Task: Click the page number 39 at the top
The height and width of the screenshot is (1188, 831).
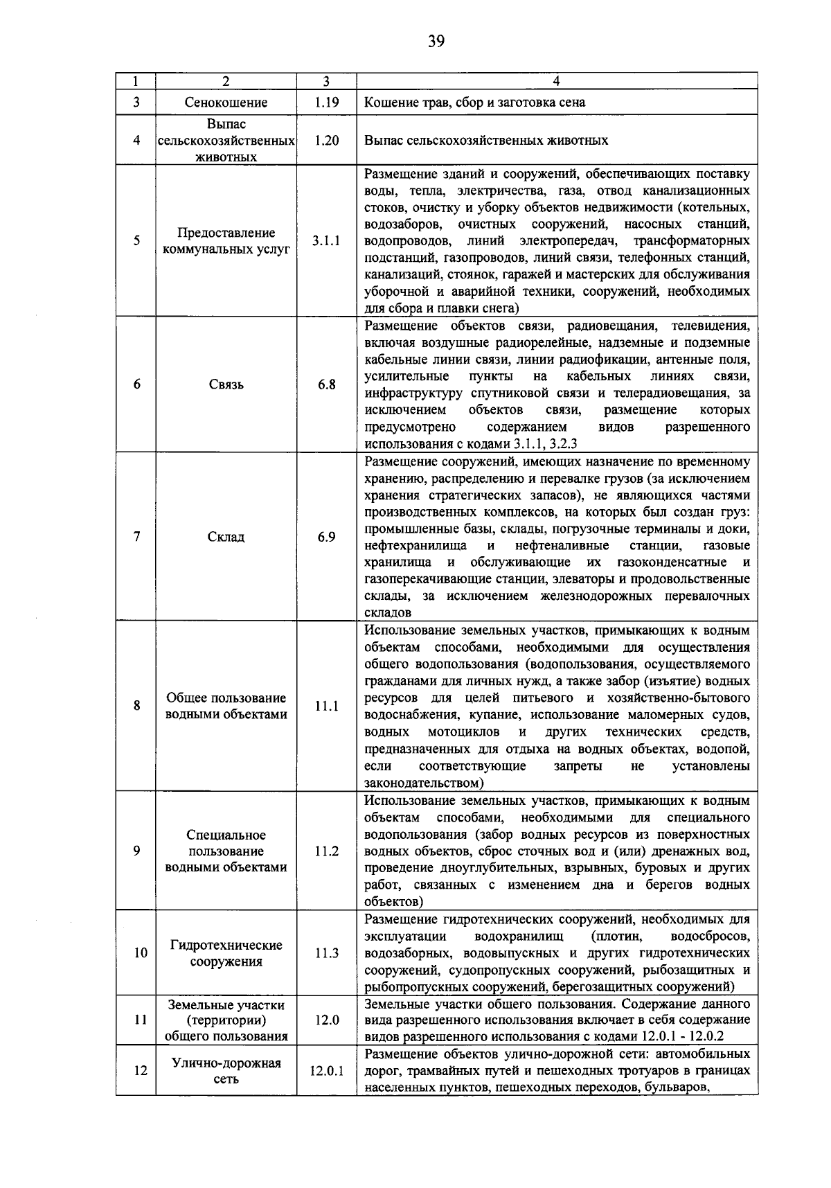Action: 436,41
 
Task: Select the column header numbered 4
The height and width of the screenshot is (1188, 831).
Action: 557,81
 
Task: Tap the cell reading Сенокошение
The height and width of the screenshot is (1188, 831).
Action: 226,103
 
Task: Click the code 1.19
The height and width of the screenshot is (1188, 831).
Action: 325,103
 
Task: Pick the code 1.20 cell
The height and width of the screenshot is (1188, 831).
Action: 325,140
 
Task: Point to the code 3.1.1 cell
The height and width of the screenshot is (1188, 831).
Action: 325,241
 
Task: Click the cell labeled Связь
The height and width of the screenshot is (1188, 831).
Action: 226,385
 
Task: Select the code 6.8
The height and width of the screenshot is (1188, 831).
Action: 326,385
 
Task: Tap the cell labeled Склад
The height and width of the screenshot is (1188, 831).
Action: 226,537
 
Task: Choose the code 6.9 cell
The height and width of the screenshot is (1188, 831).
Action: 326,537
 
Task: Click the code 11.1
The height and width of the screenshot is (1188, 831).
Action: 326,706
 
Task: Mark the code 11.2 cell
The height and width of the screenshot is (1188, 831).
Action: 326,851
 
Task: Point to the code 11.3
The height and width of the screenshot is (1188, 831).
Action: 326,953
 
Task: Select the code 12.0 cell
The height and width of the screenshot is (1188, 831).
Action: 326,1020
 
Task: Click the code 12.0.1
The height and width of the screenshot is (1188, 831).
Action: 326,1071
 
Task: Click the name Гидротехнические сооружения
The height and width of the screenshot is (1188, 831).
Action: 226,953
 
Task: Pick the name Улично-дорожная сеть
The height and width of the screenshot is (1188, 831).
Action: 226,1071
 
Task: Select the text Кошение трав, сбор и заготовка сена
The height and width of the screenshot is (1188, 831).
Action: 475,103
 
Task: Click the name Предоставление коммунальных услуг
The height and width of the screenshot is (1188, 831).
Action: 226,241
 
